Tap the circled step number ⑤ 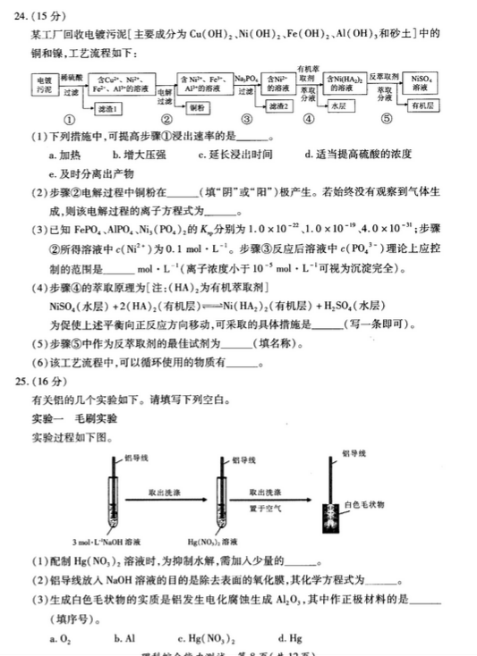pos(387,119)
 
